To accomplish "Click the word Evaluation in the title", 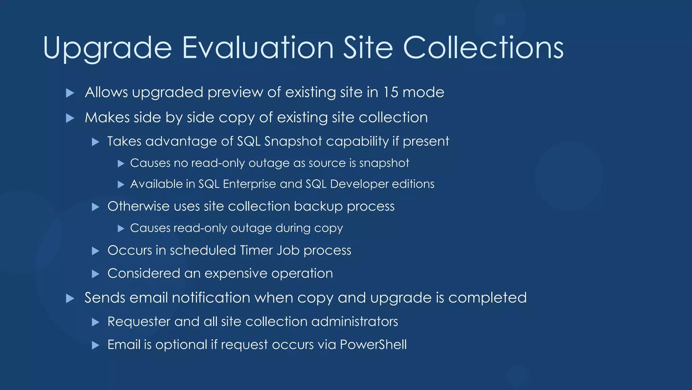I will pos(258,48).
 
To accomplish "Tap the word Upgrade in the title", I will pos(107,48).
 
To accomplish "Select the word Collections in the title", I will pos(483,48).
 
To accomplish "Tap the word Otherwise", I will pos(138,206).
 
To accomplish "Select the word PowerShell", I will pos(373,345).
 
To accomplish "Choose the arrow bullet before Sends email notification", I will pos(70,298).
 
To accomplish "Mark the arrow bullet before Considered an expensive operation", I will pos(96,274).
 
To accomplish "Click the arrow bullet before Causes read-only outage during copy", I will pos(121,229).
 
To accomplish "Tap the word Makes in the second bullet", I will pos(107,117).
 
